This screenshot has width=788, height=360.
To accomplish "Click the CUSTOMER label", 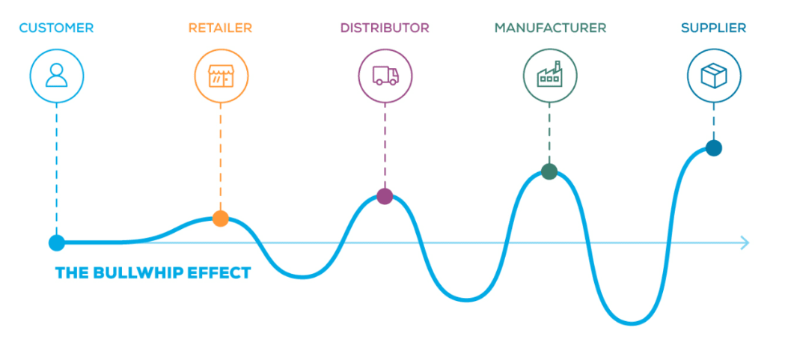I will pyautogui.click(x=56, y=28).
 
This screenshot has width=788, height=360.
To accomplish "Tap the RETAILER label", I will pyautogui.click(x=220, y=28).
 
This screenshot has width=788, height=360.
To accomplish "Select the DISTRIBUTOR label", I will pyautogui.click(x=385, y=28).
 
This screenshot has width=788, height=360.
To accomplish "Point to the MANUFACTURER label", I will pyautogui.click(x=550, y=28).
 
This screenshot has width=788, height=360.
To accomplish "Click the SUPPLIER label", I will pyautogui.click(x=713, y=28).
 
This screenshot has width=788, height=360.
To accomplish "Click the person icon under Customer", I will pyautogui.click(x=57, y=75).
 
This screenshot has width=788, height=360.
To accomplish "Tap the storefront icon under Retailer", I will pyautogui.click(x=221, y=75).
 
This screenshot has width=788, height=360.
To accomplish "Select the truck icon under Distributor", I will pyautogui.click(x=385, y=75).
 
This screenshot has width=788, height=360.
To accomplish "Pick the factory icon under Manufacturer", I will pyautogui.click(x=550, y=75).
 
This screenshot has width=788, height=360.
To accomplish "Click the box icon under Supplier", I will pyautogui.click(x=714, y=75).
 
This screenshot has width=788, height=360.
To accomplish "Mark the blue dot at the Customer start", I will pyautogui.click(x=56, y=242).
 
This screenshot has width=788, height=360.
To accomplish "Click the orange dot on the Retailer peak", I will pyautogui.click(x=220, y=219).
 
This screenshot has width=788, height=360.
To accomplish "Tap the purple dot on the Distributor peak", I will pyautogui.click(x=385, y=196).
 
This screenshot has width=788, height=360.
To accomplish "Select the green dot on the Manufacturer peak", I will pyautogui.click(x=549, y=171).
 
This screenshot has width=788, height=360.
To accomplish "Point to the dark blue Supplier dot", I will pyautogui.click(x=714, y=148).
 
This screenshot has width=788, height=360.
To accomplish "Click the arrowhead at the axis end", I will pyautogui.click(x=744, y=242).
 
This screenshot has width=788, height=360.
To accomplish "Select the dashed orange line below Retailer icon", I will pyautogui.click(x=221, y=157).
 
